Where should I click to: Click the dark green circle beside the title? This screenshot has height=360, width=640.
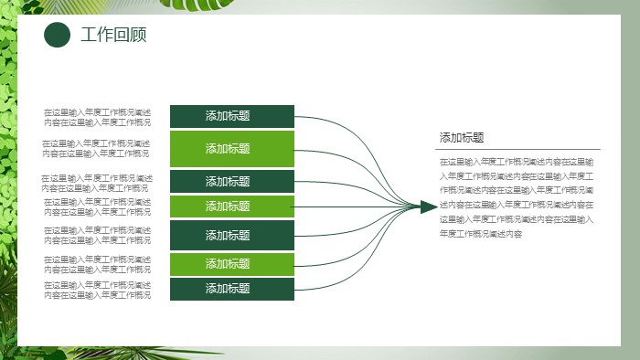58,36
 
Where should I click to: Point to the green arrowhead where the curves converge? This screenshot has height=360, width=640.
427,206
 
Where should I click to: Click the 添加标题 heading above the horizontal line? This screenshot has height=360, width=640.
462,138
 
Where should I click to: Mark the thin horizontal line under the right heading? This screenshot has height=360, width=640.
518,149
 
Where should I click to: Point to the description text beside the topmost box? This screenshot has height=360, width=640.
98,117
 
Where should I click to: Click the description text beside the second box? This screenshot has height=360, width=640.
98,148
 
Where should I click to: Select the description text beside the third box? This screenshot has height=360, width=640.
98,183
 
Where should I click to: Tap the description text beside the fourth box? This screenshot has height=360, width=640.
98,206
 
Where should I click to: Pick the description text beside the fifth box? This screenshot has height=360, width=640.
98,235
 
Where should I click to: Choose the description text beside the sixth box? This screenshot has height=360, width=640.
98,264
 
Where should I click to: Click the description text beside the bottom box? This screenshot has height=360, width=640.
98,290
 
